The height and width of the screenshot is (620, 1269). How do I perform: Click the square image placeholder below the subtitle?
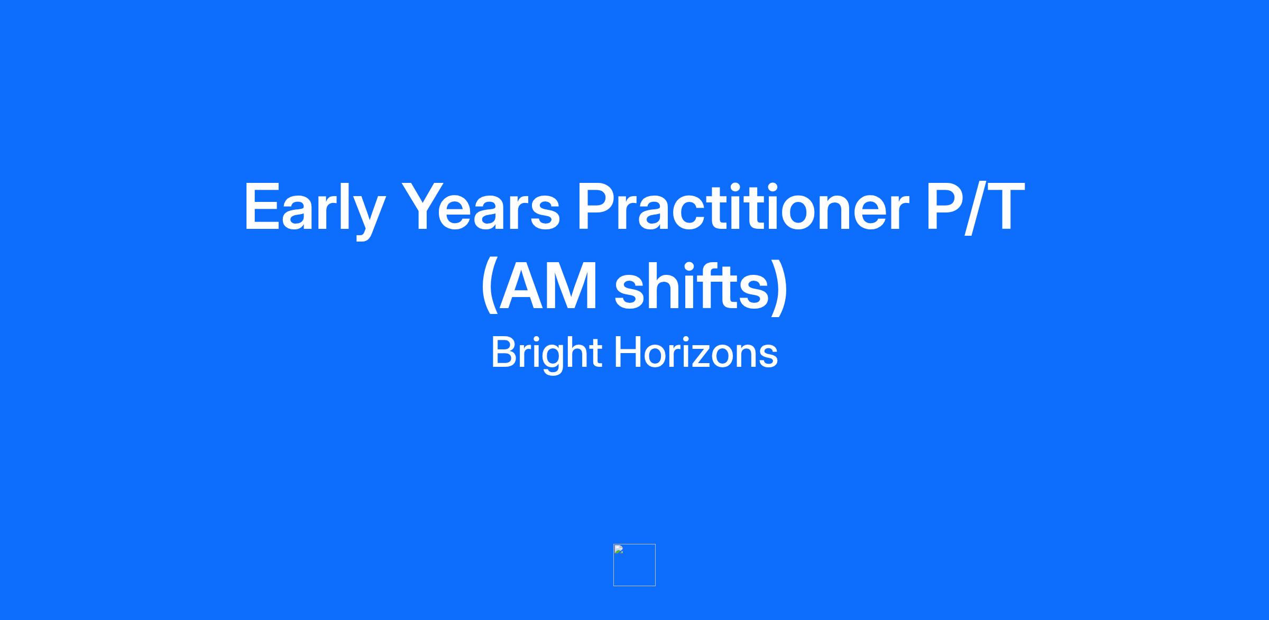tap(635, 565)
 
